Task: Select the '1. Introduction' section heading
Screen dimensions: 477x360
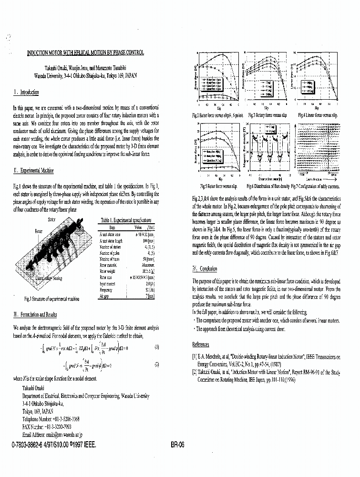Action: pos(26,92)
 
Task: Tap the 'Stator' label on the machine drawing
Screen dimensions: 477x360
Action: pos(52,220)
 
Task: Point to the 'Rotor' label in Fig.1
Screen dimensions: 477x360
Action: pos(39,231)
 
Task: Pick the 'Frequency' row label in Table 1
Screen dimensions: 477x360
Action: pos(106,289)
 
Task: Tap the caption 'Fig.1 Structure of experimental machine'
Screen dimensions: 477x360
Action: pos(51,299)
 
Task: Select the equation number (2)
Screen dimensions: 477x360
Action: pos(156,364)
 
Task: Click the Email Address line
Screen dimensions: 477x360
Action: pos(52,435)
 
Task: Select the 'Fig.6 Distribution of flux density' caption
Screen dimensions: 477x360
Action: pos(267,186)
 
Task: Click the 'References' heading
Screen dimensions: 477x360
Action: pos(200,344)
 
